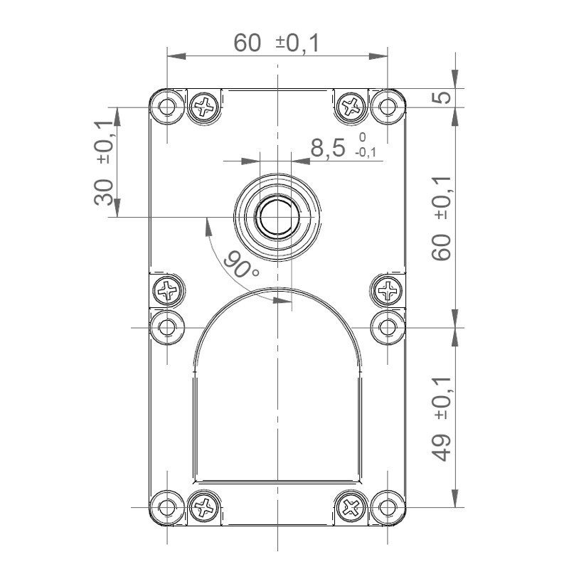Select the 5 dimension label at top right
pyautogui.click(x=442, y=96)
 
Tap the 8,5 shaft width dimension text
pyautogui.click(x=328, y=148)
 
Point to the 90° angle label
pyautogui.click(x=240, y=265)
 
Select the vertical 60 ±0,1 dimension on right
pyautogui.click(x=442, y=218)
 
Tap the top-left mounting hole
pyautogui.click(x=166, y=107)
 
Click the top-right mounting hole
pyautogui.click(x=388, y=107)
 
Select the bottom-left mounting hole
pyautogui.click(x=166, y=507)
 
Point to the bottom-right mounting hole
pyautogui.click(x=388, y=507)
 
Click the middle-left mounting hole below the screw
pyautogui.click(x=166, y=327)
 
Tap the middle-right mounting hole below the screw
pyautogui.click(x=388, y=327)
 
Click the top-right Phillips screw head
pyautogui.click(x=350, y=107)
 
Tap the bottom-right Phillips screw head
pyautogui.click(x=350, y=507)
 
